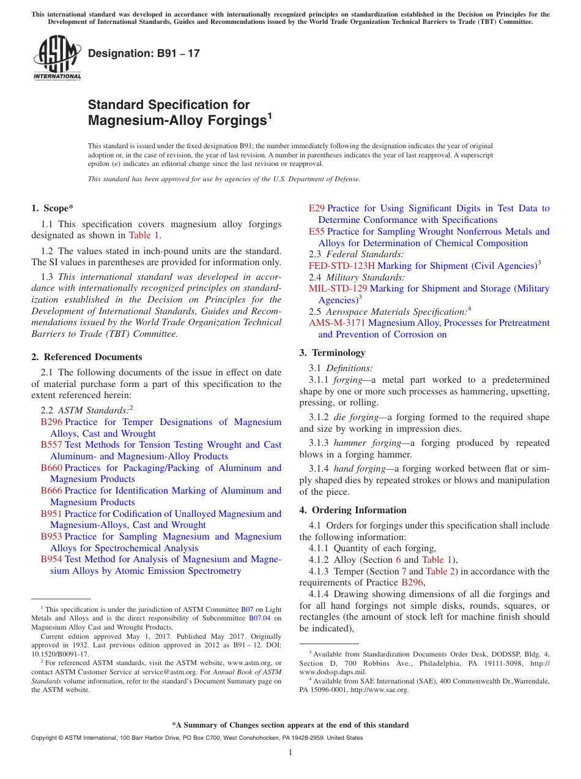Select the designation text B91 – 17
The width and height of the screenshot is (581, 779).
(144, 54)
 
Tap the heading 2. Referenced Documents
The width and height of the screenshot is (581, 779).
(87, 357)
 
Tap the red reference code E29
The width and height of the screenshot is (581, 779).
(316, 208)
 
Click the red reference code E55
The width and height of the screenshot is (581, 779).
(316, 231)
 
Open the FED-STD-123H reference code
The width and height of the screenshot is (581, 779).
(341, 266)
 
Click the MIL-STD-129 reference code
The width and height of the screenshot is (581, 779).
(338, 288)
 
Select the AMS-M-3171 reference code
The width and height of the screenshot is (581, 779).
(337, 323)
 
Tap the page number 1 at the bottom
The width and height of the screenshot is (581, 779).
(290, 753)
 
